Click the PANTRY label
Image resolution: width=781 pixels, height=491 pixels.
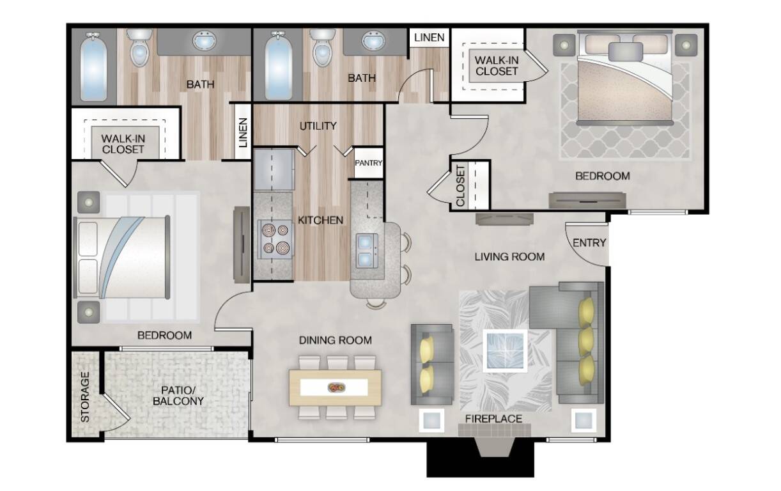[x=369, y=163]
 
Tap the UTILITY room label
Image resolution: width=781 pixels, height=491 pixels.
[x=318, y=126]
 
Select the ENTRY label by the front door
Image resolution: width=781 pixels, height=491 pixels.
[x=589, y=243]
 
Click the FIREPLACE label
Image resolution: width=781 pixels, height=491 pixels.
[x=493, y=419]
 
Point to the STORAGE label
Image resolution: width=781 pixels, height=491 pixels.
[x=85, y=397]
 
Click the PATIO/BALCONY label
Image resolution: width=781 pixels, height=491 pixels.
[x=178, y=396]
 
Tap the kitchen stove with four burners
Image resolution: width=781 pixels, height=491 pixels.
[x=275, y=239]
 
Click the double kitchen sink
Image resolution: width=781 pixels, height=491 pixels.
[x=366, y=251]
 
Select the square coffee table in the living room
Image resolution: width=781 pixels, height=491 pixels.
[x=505, y=350]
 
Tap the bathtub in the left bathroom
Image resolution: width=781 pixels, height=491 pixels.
[x=93, y=68]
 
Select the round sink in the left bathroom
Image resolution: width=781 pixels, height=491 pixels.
[x=204, y=42]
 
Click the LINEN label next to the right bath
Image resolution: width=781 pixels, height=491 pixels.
[x=429, y=37]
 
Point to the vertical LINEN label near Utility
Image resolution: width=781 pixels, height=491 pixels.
[x=243, y=132]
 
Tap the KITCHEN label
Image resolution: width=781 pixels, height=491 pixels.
[x=320, y=220]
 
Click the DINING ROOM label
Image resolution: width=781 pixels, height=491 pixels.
[x=336, y=340]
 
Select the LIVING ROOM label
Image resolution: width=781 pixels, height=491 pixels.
[x=509, y=257]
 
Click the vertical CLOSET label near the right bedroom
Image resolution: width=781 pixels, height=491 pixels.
[x=460, y=186]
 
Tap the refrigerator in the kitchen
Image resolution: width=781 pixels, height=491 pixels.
[x=274, y=170]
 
